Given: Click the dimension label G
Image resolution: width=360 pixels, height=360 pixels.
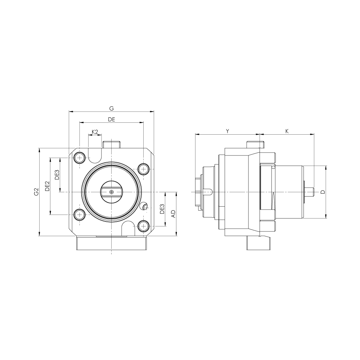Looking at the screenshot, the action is pos(111,108).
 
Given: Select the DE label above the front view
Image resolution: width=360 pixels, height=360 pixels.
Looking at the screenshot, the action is pos(111,120).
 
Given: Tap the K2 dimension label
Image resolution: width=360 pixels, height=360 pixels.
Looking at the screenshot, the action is pos(95,132).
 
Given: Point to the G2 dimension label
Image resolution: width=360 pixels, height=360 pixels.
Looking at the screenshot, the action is pos(36,192).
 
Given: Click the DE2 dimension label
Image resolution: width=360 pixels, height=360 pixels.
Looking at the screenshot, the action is pos(47,186).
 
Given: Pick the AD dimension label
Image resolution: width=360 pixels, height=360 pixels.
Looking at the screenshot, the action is pos(173,214).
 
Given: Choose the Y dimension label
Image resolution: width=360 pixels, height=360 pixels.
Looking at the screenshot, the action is pos(227,131).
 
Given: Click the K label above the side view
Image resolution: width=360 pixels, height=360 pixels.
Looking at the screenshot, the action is pos(287,131).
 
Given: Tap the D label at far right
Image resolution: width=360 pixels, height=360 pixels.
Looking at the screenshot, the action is pos(323,192).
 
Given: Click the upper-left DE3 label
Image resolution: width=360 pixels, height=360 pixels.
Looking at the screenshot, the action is pos(57,175).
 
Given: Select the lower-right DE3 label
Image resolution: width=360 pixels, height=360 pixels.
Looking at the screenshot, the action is pos(162,209).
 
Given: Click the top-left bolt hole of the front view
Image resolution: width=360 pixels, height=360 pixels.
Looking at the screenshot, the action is pos(80,158).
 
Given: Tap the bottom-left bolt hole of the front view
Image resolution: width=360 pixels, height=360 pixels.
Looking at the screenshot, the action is pos(80,215).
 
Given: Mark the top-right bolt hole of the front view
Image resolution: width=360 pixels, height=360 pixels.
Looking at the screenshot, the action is pos(144,169).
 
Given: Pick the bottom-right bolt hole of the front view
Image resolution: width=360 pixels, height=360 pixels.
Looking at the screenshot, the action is pos(144,226).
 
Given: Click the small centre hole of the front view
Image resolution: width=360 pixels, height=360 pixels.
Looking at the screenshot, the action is pos(111,192).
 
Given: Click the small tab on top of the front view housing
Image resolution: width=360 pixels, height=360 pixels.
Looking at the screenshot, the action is pos(111,145).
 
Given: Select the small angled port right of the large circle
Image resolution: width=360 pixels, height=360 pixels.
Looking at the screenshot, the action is pos(145,206).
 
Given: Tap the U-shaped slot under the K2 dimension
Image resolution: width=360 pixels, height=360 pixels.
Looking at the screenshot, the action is pos(95,155).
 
